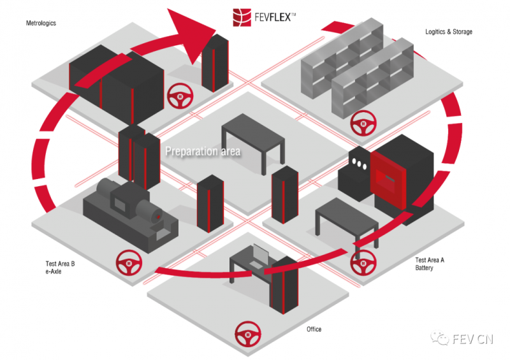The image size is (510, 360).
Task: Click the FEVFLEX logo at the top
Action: [x=263, y=17]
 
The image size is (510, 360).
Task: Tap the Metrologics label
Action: [x=41, y=24]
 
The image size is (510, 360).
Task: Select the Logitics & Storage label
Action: [x=449, y=31]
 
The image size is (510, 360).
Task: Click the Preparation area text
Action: [x=203, y=152]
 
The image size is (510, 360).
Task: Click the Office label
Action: [x=314, y=329]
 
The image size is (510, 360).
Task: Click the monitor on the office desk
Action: [x=259, y=255]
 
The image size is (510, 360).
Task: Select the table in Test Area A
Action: [x=346, y=220]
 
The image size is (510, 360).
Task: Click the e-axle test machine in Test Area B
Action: [x=131, y=210]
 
